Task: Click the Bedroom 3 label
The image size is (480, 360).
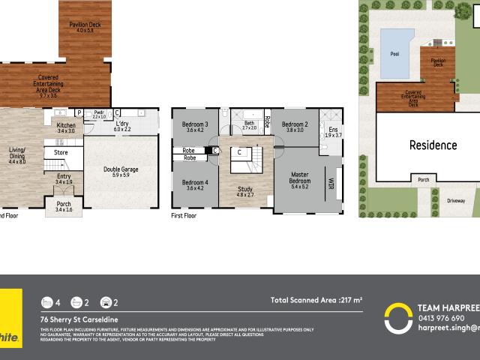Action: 196,126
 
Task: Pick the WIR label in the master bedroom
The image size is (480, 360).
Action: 330,182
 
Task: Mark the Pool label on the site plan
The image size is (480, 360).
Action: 395,54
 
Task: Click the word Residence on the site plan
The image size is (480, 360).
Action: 433,145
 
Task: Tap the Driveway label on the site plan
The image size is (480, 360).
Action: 456,201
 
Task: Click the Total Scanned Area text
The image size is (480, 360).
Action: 316,300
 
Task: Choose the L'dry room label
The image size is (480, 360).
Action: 122,124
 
